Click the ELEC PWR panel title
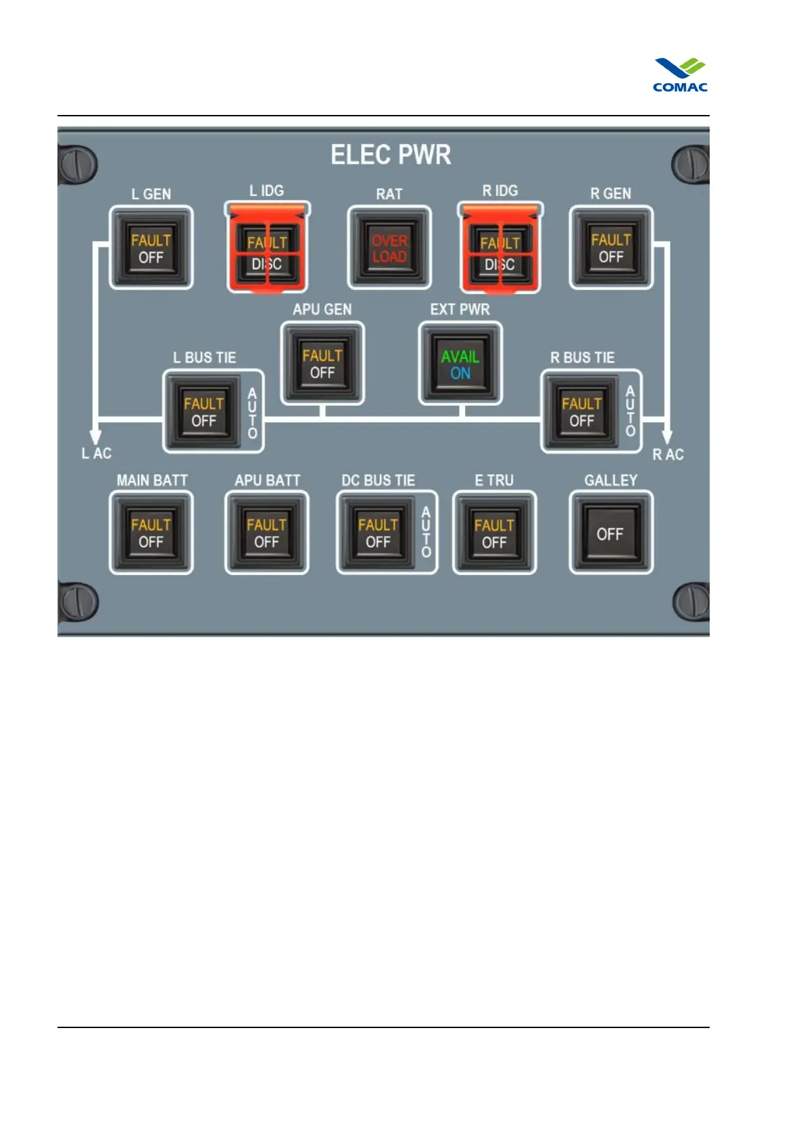390,155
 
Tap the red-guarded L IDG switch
267,250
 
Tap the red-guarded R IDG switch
500,250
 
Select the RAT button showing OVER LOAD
389,248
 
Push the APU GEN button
322,364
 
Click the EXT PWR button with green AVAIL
460,365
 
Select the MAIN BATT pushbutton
151,533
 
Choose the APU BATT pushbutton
266,533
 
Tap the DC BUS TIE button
378,533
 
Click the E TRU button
494,533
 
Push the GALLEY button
610,533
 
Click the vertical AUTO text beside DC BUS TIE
426,533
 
